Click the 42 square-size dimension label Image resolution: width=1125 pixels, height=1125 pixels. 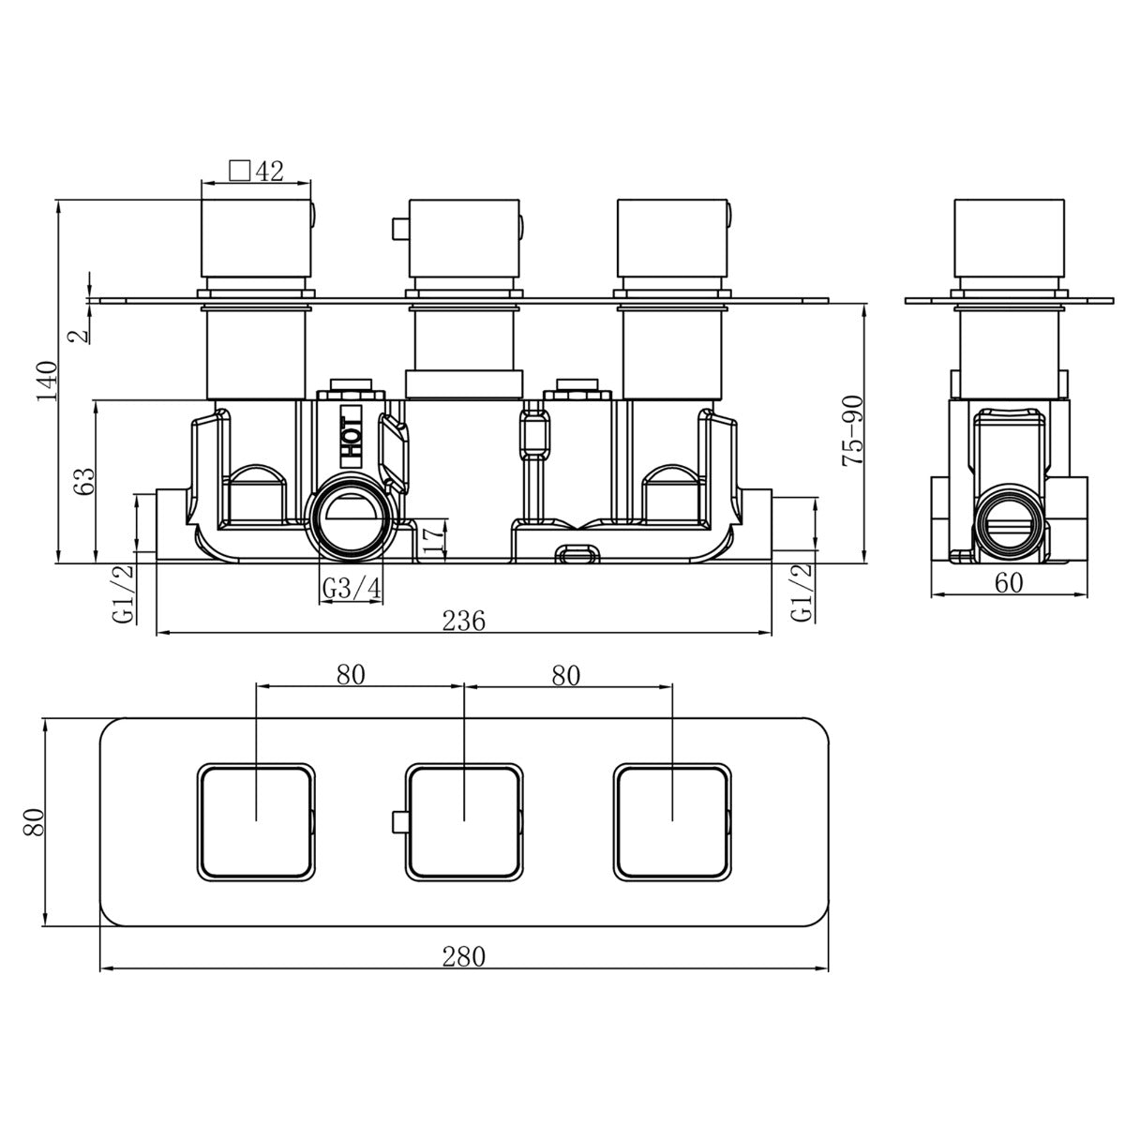pos(269,171)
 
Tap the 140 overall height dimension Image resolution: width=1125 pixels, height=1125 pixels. pos(48,381)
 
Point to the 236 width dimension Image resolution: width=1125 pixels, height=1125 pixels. pos(463,622)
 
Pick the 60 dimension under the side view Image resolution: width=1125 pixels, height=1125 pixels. pos(1009,582)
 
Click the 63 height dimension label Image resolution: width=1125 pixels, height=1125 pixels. pos(84,482)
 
